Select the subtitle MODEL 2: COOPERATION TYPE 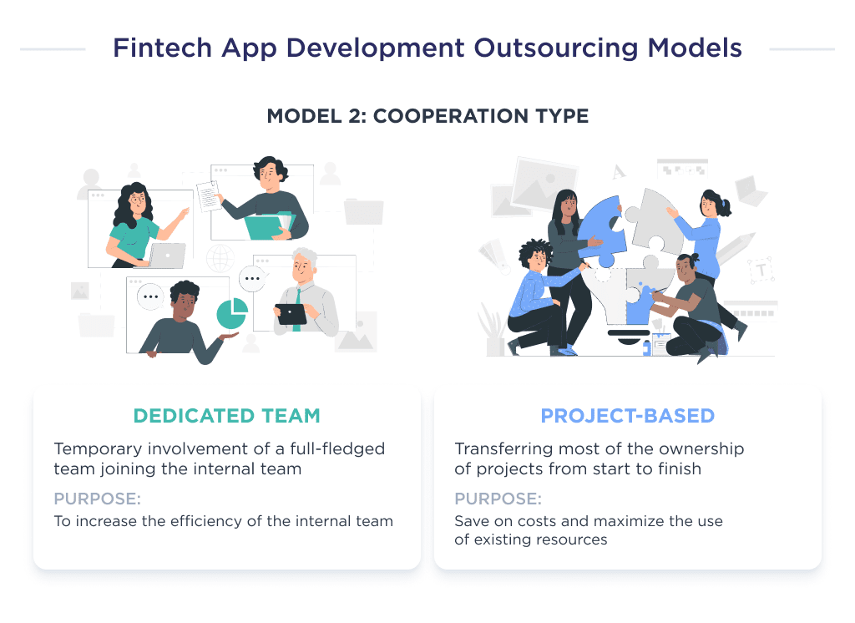[427, 116]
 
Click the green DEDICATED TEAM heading [226, 416]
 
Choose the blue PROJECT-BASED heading [627, 416]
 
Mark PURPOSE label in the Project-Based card [498, 499]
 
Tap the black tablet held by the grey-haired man [291, 314]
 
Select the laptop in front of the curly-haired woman [168, 256]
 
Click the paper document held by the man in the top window [207, 195]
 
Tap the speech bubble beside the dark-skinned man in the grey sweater [151, 296]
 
